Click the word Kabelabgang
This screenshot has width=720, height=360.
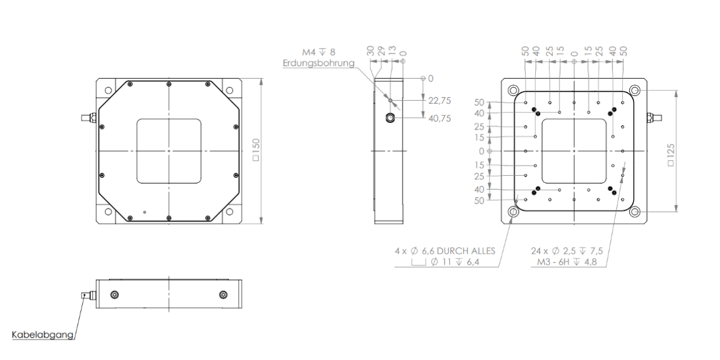click(43, 335)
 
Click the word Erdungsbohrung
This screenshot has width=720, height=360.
click(319, 63)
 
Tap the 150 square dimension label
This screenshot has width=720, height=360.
click(256, 150)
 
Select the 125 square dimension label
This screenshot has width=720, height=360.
click(671, 155)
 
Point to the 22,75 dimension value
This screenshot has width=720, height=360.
click(439, 101)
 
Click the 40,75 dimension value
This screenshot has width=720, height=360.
click(439, 119)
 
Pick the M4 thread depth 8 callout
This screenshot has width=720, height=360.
click(319, 52)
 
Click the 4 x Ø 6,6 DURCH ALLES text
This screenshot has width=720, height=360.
click(445, 251)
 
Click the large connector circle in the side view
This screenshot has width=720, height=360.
click(390, 118)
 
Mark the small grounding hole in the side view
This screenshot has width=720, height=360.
click(391, 101)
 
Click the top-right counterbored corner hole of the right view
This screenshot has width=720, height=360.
click(635, 90)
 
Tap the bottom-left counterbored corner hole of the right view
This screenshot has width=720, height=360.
click(514, 212)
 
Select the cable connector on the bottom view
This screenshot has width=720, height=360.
click(89, 295)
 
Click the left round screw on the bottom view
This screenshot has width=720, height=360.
click(115, 295)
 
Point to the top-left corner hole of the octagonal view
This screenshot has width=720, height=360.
click(109, 90)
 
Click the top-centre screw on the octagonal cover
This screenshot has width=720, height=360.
click(169, 84)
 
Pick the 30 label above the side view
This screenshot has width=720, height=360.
click(371, 50)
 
